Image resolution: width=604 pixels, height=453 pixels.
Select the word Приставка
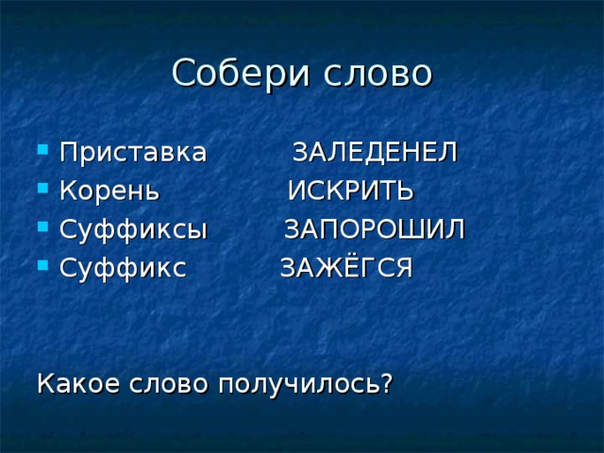133,152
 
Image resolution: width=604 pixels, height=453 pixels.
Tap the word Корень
109,191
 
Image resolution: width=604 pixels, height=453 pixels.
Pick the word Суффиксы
134,230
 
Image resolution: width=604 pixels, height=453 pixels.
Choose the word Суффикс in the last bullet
124,268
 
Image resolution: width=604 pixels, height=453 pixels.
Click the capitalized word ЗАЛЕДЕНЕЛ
375,152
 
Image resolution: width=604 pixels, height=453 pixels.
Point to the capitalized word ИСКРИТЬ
350,191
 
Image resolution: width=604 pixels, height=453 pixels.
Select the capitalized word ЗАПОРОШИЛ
375,229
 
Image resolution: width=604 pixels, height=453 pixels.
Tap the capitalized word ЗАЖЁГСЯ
346,267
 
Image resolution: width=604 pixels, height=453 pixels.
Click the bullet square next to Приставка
43,149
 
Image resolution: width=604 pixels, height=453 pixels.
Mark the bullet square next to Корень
43,188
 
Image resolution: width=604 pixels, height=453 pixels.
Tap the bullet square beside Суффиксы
43,226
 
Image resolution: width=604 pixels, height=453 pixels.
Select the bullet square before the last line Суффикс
43,265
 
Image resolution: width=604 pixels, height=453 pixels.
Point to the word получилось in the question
299,385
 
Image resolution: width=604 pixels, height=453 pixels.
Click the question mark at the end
387,382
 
